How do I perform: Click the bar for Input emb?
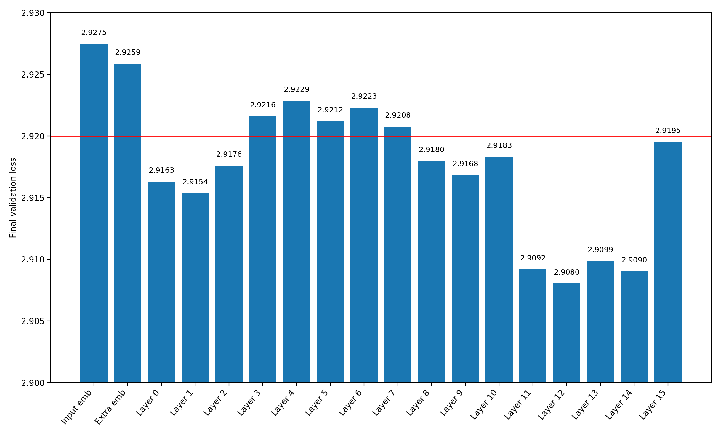point(94,213)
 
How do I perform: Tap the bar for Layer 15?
point(668,262)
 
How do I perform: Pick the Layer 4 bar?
point(297,241)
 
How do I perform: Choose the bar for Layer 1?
point(195,288)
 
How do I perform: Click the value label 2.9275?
point(94,33)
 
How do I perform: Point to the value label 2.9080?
point(566,272)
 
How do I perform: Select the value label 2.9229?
point(297,89)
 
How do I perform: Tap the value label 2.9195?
point(668,131)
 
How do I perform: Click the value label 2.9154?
point(195,182)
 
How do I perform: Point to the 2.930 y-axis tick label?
point(33,13)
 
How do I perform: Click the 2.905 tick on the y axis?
point(33,321)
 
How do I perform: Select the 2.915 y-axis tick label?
point(33,198)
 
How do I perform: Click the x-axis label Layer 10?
point(484,404)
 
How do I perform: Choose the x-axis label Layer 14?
point(619,404)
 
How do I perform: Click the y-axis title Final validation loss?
point(13,198)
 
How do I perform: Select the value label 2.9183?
point(499,145)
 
